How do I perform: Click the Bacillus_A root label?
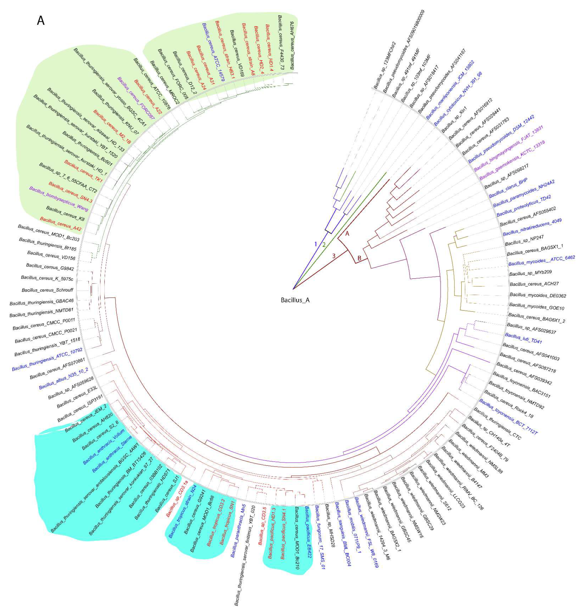pyautogui.click(x=295, y=300)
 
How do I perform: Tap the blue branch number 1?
pyautogui.click(x=315, y=244)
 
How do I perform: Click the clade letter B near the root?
pyautogui.click(x=359, y=258)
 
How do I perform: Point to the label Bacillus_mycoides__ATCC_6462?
pyautogui.click(x=541, y=261)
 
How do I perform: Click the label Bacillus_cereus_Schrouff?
pyautogui.click(x=47, y=290)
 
